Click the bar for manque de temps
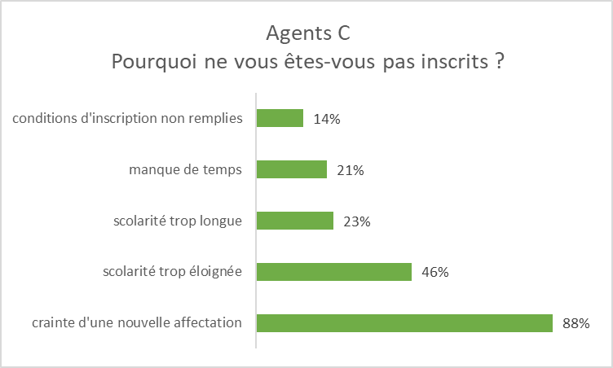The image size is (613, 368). tap(292, 169)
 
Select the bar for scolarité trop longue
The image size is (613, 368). tap(295, 221)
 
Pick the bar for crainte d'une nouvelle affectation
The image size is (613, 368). tap(404, 323)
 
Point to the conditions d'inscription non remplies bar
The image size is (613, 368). tap(280, 119)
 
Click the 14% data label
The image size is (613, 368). tap(327, 119)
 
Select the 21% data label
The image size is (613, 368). tap(351, 170)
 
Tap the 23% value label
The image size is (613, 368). tap(357, 221)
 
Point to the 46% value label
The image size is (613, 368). tap(435, 272)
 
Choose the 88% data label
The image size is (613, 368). tap(576, 323)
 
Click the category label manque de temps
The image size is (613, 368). tap(186, 170)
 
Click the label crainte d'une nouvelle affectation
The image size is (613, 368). tap(137, 323)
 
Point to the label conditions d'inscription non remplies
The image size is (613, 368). tap(127, 119)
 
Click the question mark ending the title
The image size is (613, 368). tap(496, 63)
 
